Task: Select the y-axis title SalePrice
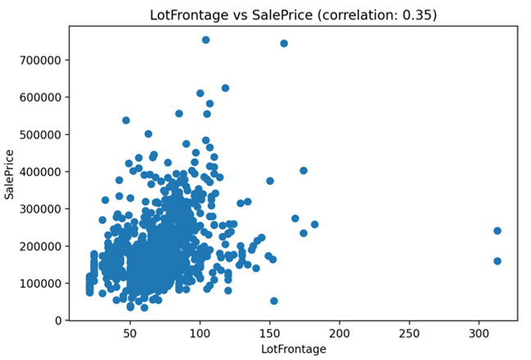point(11,174)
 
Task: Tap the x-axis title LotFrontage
point(293,349)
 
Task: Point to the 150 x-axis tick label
point(269,333)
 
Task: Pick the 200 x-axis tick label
point(340,333)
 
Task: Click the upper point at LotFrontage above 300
point(497,231)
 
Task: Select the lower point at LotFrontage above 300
point(497,261)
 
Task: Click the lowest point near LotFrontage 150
point(274,301)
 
